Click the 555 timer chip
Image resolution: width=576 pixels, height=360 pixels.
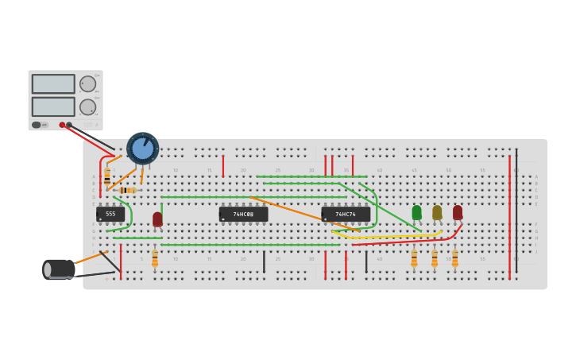point(110,215)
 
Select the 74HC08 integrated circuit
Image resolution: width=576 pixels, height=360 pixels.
point(243,215)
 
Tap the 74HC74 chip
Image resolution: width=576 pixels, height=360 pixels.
point(346,215)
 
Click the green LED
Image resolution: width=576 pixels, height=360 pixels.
point(416,212)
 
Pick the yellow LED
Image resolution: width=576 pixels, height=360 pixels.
point(437,212)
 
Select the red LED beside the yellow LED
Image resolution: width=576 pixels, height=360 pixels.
point(458,212)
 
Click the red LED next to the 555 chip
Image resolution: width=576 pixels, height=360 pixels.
point(157,219)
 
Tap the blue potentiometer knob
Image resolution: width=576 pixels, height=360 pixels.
point(143,149)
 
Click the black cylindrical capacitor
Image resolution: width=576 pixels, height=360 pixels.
point(60,269)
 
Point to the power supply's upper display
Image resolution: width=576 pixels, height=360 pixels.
point(53,83)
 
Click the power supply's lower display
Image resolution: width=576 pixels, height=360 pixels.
point(53,106)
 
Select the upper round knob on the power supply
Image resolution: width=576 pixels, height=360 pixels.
point(87,83)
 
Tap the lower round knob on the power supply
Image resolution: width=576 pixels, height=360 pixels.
point(87,106)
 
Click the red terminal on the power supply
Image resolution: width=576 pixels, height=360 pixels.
point(62,125)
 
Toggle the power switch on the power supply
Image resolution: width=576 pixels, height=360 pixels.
point(37,125)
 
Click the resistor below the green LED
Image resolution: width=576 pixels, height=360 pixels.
point(414,258)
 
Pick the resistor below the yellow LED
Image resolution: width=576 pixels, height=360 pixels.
point(435,258)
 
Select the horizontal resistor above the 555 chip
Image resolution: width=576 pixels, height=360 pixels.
point(127,190)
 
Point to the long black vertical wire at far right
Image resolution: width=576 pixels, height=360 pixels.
point(516,211)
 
